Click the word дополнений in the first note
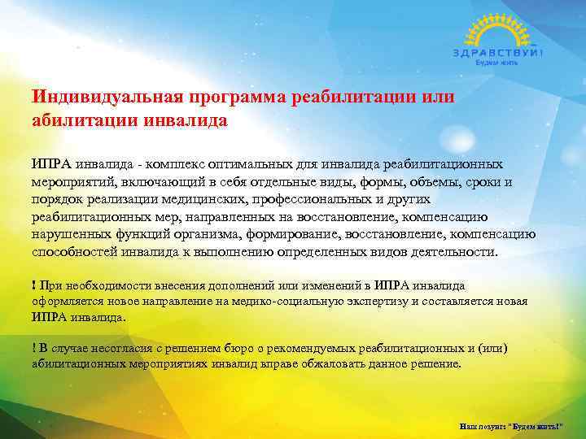pyautogui.click(x=238, y=285)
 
